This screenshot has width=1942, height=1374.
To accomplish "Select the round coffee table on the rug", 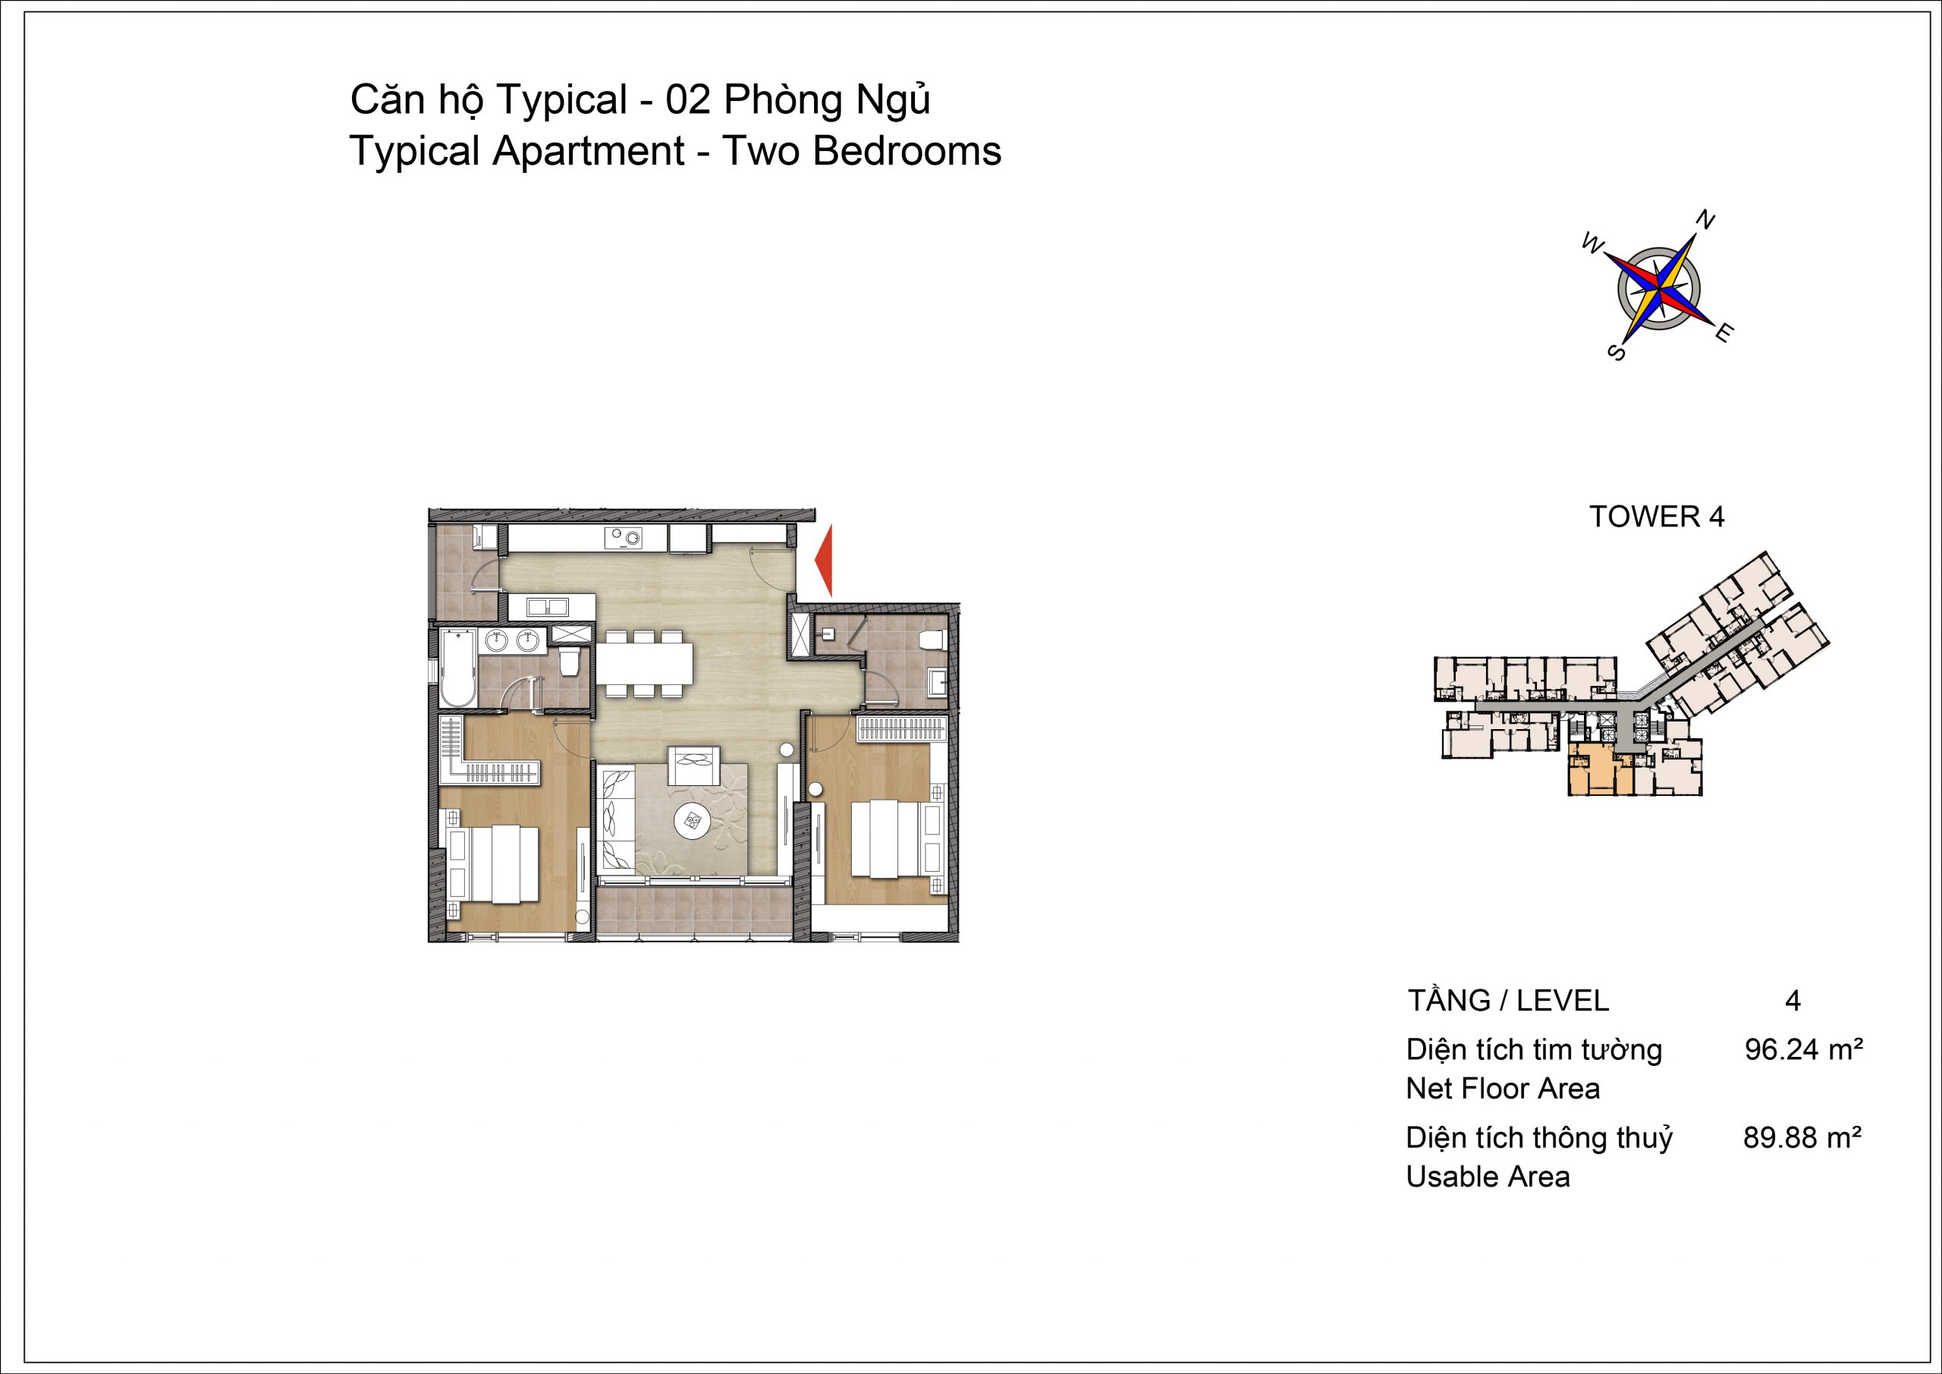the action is pyautogui.click(x=693, y=819).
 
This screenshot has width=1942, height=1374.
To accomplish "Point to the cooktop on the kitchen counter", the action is pyautogui.click(x=624, y=536).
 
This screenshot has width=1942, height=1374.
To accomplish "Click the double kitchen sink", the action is pyautogui.click(x=547, y=607).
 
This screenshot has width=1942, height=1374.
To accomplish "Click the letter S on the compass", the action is pyautogui.click(x=1617, y=352).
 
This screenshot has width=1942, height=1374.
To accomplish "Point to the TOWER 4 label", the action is pyautogui.click(x=1657, y=516).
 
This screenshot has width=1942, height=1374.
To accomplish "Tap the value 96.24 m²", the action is pyautogui.click(x=1804, y=1050).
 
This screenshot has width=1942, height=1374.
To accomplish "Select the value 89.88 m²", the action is pyautogui.click(x=1802, y=1138).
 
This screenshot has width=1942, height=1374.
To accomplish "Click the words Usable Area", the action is pyautogui.click(x=1488, y=1177).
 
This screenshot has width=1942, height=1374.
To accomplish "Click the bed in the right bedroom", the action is pyautogui.click(x=888, y=838).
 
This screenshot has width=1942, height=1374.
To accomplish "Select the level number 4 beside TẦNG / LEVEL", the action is pyautogui.click(x=1793, y=1001).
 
